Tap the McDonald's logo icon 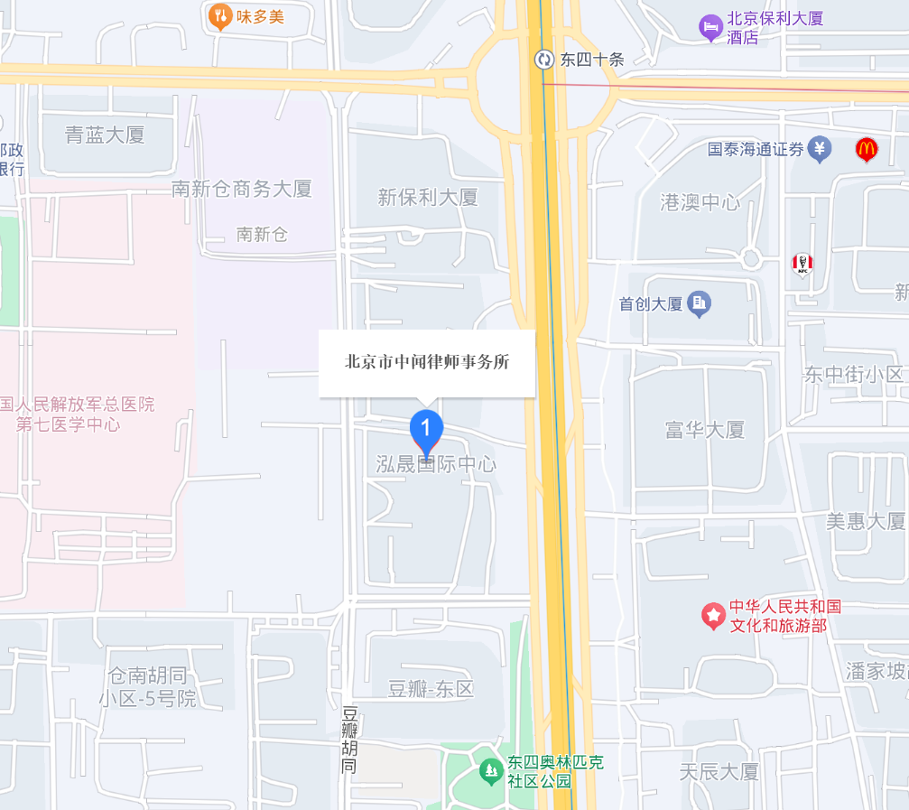pos(867,149)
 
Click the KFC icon pos(802,264)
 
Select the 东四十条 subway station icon pos(544,60)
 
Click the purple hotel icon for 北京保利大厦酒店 pos(711,27)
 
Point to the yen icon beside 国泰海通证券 pos(820,149)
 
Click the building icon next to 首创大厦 pos(699,304)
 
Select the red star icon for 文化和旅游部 pos(714,616)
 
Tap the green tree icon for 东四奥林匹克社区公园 pos(490,771)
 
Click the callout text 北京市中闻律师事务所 pos(427,362)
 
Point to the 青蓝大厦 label pos(105,135)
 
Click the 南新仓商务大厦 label pos(242,189)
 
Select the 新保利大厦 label pos(428,198)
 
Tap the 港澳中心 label pos(700,202)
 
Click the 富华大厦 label pos(705,430)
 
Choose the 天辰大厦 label pos(719,772)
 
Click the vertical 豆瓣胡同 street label pos(349,740)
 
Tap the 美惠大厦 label pos(865,521)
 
